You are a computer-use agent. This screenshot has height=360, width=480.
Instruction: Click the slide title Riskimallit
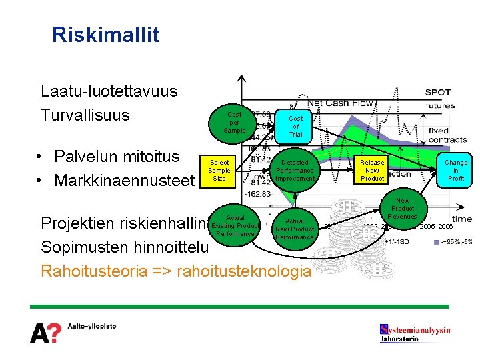click(105, 34)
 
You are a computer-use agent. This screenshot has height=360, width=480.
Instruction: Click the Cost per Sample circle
click(234, 123)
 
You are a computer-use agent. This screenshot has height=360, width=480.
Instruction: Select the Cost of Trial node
click(295, 126)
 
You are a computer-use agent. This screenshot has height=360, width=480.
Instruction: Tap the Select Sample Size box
click(219, 171)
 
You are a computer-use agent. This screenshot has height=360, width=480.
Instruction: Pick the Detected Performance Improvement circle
click(295, 171)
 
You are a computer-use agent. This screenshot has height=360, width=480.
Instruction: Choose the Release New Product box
click(372, 171)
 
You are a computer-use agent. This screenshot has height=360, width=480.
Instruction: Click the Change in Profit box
click(456, 171)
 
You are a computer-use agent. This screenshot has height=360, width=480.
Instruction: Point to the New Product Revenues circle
click(402, 208)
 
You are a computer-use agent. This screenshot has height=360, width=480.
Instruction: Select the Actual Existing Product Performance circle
click(235, 225)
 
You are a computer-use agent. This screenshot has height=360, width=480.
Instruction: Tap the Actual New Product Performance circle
click(294, 229)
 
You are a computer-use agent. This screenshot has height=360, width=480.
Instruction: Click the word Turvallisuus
click(85, 115)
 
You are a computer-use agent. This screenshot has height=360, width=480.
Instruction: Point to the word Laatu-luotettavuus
click(109, 91)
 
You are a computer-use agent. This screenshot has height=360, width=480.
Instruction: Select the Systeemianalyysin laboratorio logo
click(415, 333)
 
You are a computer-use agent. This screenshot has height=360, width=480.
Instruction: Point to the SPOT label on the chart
click(438, 92)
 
